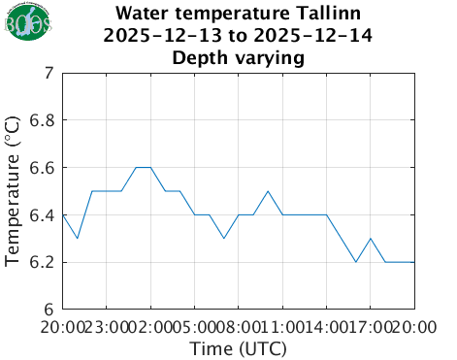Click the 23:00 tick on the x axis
pyautogui.click(x=107, y=327)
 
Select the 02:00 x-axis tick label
pyautogui.click(x=150, y=327)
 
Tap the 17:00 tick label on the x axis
pyautogui.click(x=371, y=327)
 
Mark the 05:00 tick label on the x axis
pyautogui.click(x=194, y=327)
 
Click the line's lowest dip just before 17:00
pyautogui.click(x=356, y=262)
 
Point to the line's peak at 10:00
pyautogui.click(x=268, y=191)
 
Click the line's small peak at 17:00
pyautogui.click(x=371, y=239)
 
